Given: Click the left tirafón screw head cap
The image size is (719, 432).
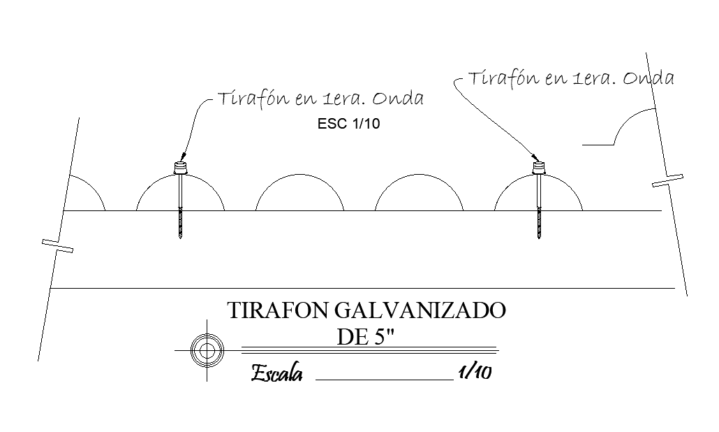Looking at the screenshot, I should point(180,168).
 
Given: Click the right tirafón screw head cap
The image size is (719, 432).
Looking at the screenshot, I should point(538,168).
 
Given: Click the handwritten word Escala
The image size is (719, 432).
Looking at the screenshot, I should point(276,374).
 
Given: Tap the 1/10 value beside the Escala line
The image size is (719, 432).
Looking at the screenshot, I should point(475,373).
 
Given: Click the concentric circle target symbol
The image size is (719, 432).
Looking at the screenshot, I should point(207,349).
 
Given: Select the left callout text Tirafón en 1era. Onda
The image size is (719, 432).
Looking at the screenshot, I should point(320,99).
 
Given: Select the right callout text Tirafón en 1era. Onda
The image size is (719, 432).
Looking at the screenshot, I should point(571,78).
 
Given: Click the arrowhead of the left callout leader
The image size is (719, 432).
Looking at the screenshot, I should point(182,157).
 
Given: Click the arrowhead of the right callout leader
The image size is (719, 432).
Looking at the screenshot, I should point(535,157).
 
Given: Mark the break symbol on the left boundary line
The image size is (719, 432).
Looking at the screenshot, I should point(58,245).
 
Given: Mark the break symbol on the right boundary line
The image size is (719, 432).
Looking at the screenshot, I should point(668,180).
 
